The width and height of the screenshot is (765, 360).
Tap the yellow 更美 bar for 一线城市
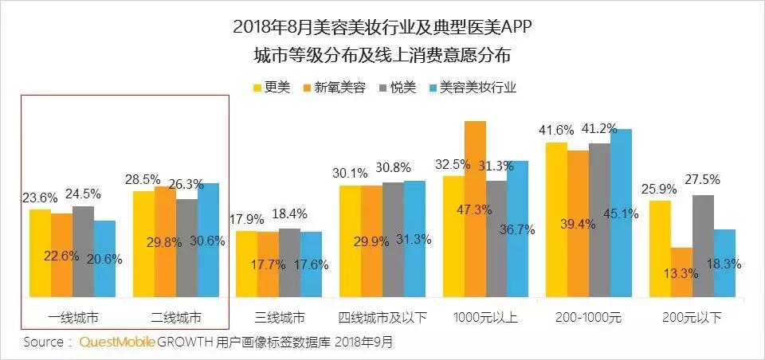(40, 254)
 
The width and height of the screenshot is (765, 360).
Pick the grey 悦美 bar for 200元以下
(703, 247)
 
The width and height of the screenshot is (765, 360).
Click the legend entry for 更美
(270, 87)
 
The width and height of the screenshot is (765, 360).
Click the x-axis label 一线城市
(73, 317)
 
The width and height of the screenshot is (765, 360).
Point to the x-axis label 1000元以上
(485, 317)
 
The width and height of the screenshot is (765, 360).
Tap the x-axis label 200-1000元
(589, 317)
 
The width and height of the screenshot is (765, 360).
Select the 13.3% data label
(682, 272)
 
